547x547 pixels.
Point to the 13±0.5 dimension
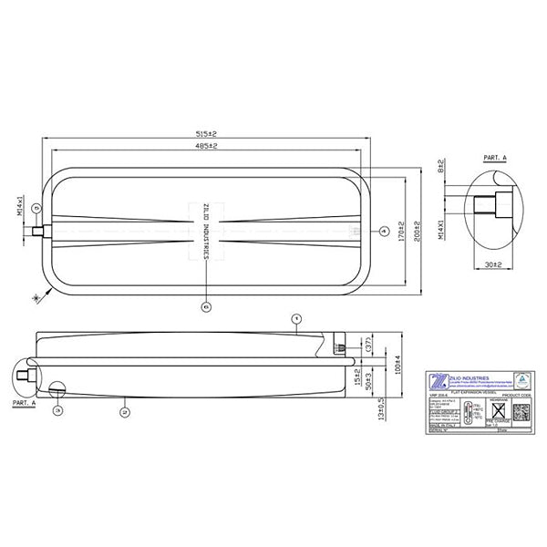point(380,411)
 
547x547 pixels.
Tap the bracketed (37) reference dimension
point(368,346)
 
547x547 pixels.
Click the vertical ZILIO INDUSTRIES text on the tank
point(206,232)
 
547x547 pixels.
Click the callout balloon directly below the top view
point(206,307)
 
